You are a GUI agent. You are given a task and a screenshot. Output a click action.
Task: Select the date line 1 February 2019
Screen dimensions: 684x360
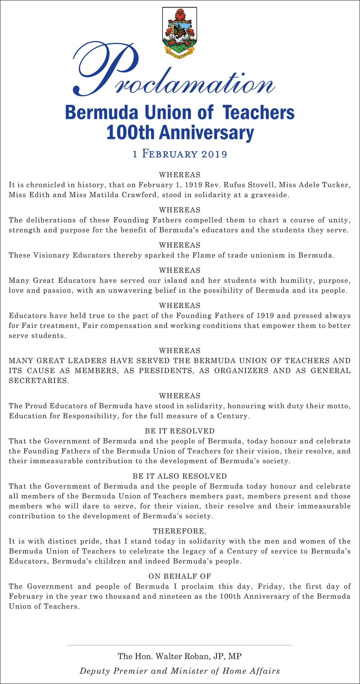180,154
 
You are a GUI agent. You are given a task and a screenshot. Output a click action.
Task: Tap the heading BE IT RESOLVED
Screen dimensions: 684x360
180,431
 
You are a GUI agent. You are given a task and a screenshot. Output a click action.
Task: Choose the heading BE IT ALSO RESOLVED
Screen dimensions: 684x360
180,476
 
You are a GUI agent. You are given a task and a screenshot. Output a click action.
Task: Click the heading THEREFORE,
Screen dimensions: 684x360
180,531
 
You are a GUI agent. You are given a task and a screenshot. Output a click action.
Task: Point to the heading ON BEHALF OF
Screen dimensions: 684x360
180,576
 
